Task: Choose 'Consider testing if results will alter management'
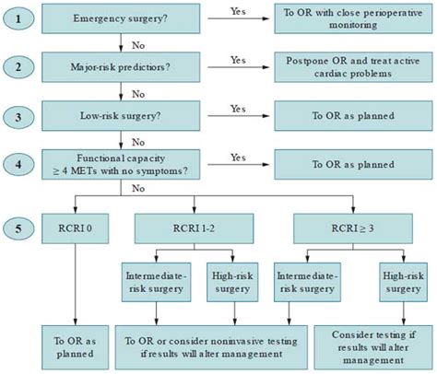tap(372, 341)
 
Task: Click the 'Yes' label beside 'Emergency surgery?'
tap(239, 9)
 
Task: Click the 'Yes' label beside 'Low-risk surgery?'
tap(239, 109)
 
